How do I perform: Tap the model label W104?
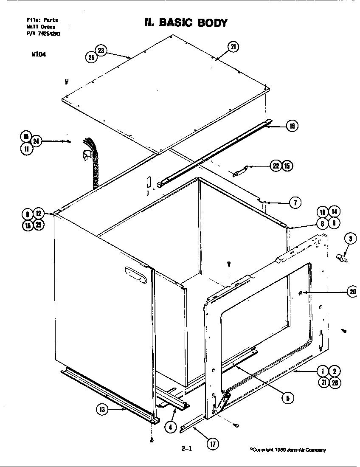[x=39, y=54]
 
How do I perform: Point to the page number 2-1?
[x=186, y=447]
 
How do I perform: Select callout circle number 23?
[x=101, y=50]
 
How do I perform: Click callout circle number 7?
[x=295, y=203]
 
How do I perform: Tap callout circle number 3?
[x=350, y=239]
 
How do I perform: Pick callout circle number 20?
[x=352, y=292]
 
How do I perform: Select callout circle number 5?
[x=287, y=398]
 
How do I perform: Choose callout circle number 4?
[x=170, y=427]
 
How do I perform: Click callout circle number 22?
[x=276, y=166]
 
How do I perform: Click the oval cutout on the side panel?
[x=136, y=274]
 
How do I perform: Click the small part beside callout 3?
[x=341, y=257]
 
